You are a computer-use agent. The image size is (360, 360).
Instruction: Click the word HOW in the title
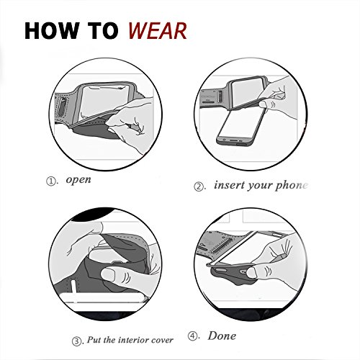click(51, 31)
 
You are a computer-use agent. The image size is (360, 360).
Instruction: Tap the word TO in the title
click(103, 31)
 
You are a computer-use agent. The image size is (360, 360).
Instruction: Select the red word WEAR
click(157, 31)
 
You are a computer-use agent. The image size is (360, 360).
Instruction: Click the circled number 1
click(50, 181)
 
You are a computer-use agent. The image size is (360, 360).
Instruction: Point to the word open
click(78, 179)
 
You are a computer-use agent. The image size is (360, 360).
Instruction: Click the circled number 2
click(199, 186)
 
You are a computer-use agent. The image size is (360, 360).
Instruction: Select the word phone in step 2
click(292, 186)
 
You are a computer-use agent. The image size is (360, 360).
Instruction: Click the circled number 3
click(76, 341)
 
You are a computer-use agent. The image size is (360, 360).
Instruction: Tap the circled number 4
click(192, 336)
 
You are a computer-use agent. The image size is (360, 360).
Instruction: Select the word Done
click(222, 336)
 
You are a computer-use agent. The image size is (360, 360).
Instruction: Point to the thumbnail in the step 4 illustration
click(251, 272)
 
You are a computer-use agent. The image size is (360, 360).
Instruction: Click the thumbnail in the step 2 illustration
click(264, 104)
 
